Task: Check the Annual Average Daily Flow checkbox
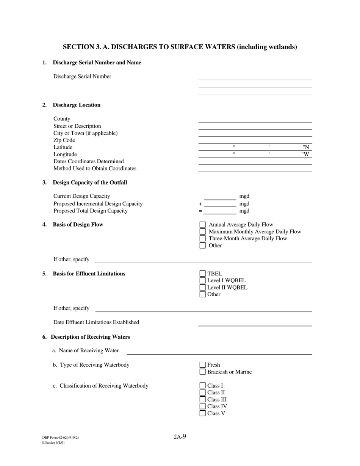(202, 225)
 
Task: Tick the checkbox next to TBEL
(202, 274)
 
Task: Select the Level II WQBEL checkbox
(202, 288)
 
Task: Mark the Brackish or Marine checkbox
(202, 372)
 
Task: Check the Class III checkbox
(202, 400)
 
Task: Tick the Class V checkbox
(202, 413)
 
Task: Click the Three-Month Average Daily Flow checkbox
(202, 239)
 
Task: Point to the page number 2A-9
(180, 436)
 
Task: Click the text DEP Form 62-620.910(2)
(61, 438)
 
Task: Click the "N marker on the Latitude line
(306, 147)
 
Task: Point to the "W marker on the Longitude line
(305, 155)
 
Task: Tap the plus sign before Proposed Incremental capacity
(200, 204)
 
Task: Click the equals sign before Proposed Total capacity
(200, 211)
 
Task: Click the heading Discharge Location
(77, 105)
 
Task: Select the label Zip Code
(64, 140)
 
